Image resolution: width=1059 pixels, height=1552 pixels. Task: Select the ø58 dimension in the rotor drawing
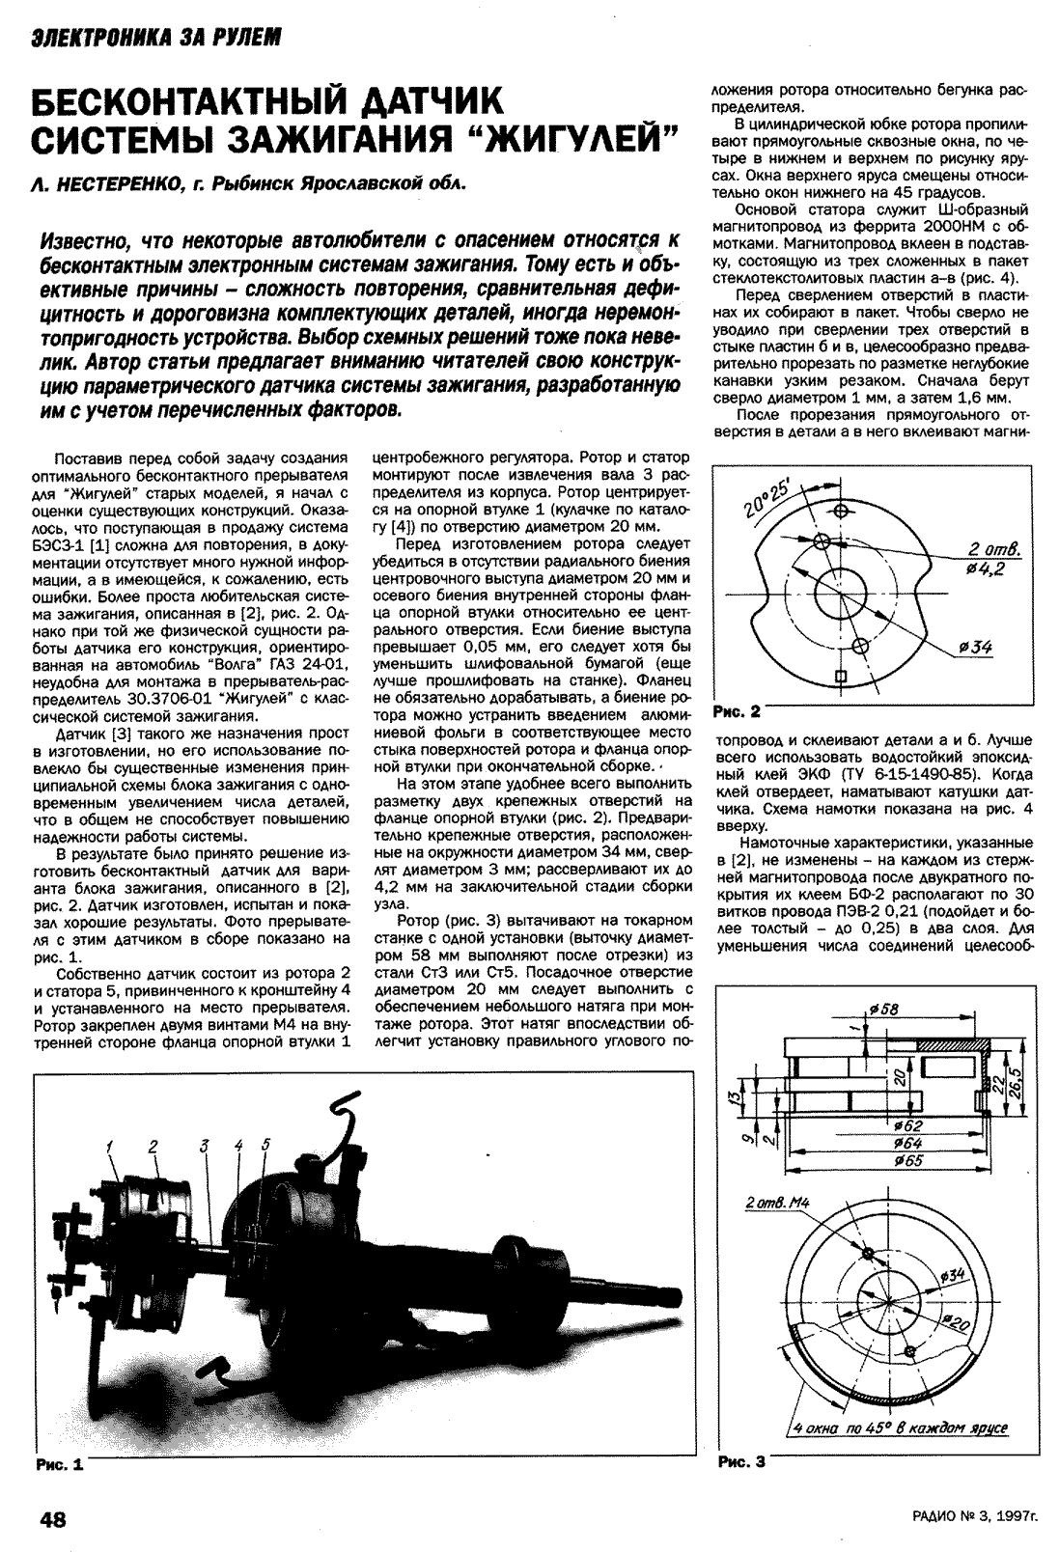click(881, 1010)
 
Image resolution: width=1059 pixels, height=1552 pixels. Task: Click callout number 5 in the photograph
click(265, 1145)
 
